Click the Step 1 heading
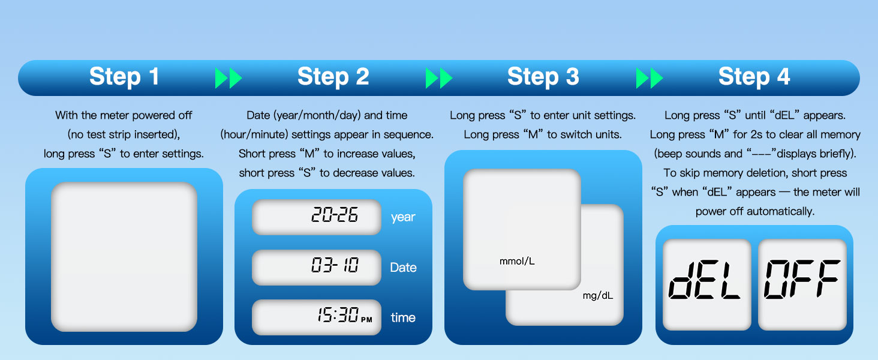click(x=124, y=77)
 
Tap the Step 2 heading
click(x=333, y=77)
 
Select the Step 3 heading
click(x=543, y=77)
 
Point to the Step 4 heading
click(x=754, y=77)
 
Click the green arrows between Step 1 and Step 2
click(x=228, y=78)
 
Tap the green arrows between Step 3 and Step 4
click(x=650, y=78)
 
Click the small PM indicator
click(x=366, y=320)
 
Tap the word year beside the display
click(x=403, y=217)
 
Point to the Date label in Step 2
click(x=403, y=268)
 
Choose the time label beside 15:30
click(x=403, y=318)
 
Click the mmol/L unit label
click(x=517, y=262)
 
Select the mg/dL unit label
click(x=598, y=296)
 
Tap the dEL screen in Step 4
click(x=706, y=284)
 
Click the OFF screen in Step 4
click(x=802, y=284)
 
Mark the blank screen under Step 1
click(x=124, y=257)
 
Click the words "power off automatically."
click(x=755, y=211)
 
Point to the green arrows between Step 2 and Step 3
click(x=439, y=78)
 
